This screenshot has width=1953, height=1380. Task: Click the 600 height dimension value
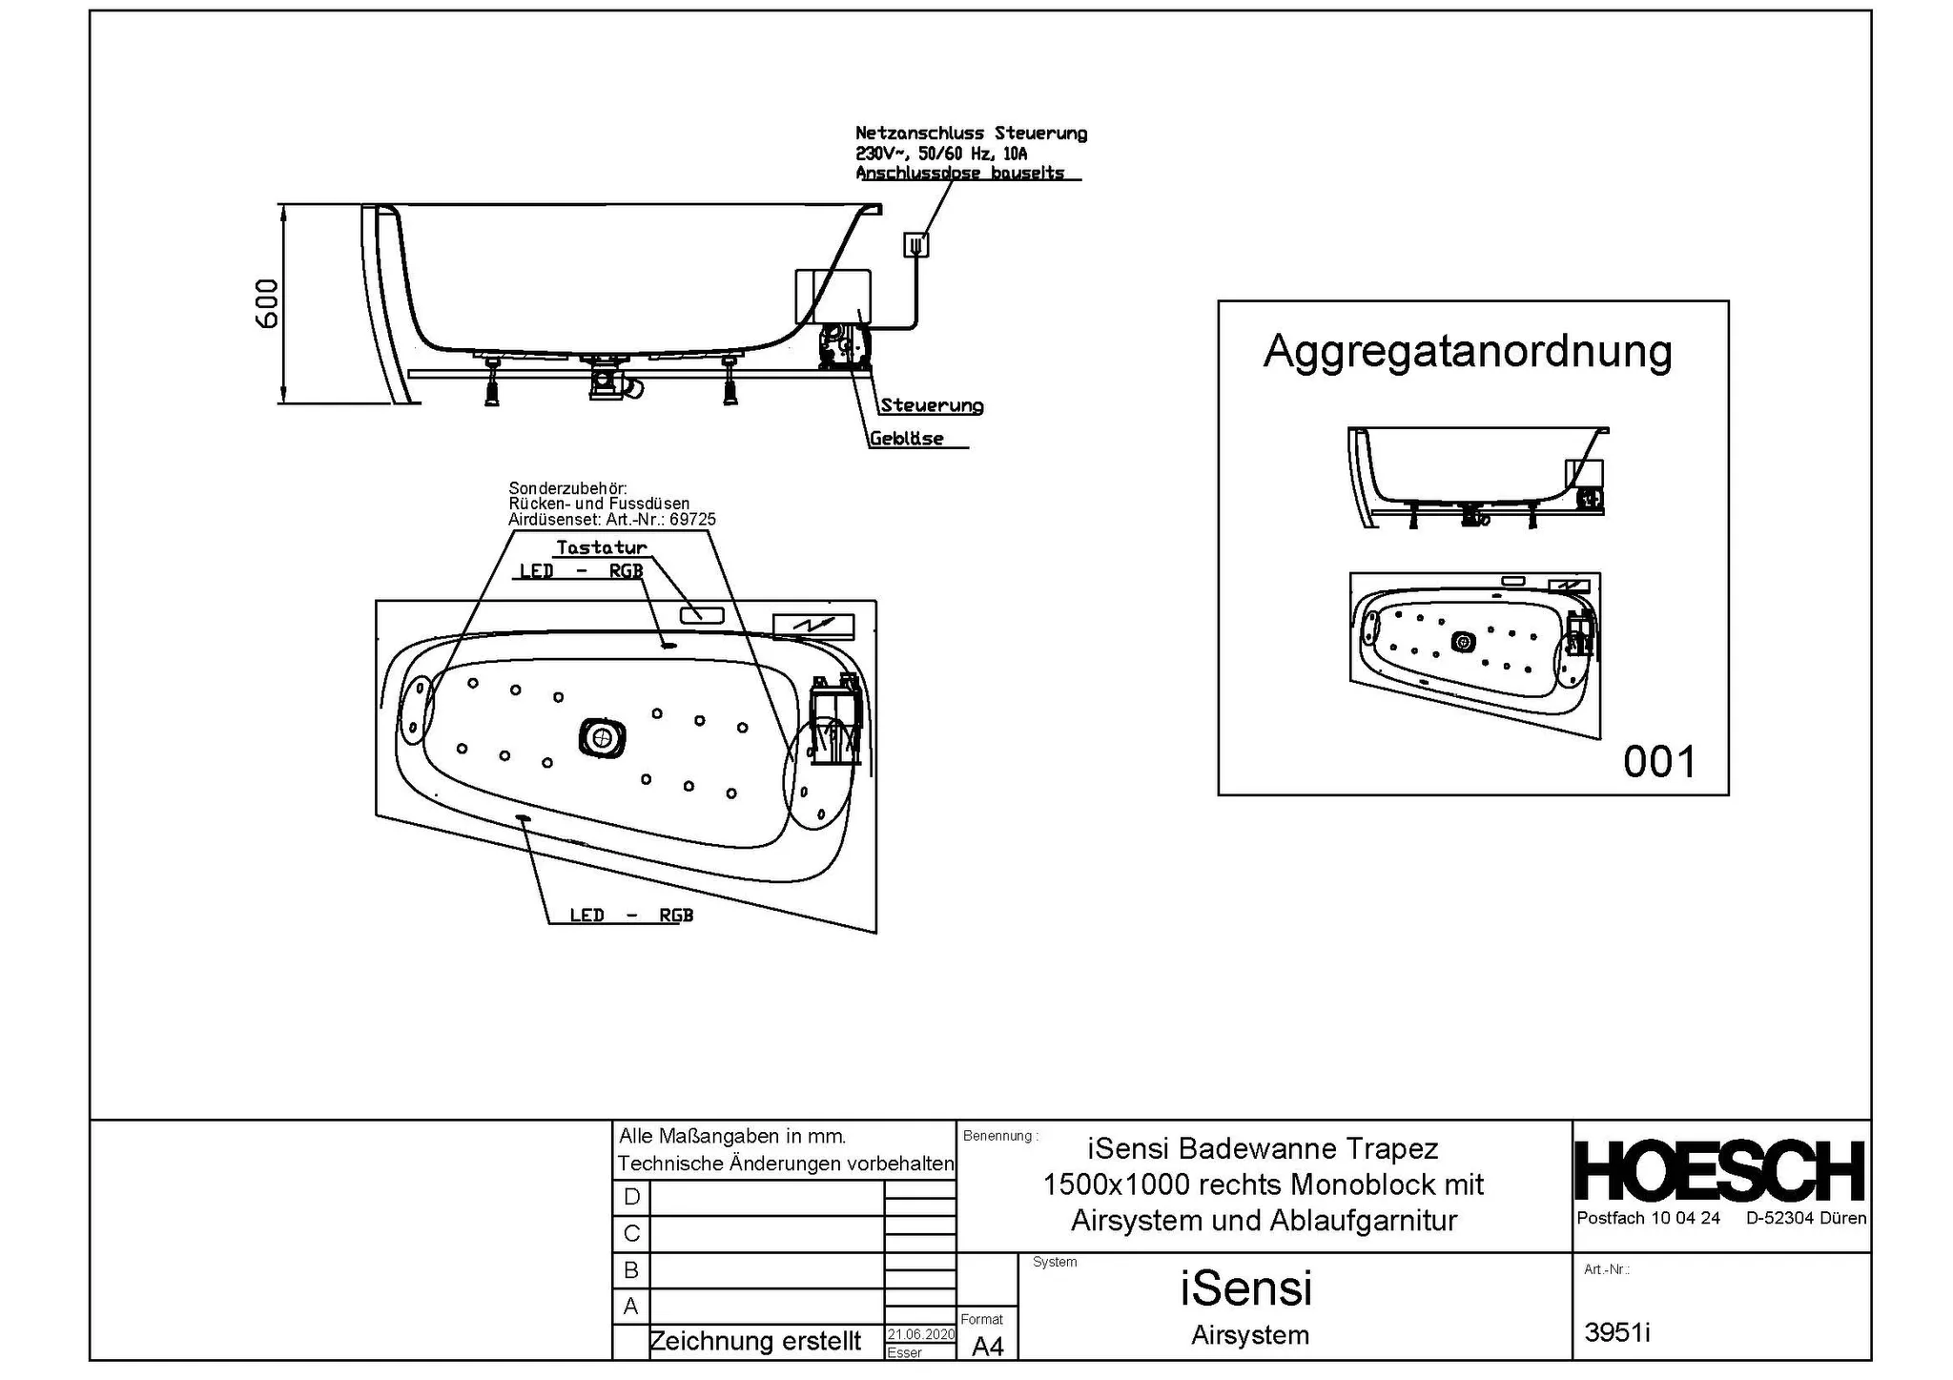[x=267, y=304]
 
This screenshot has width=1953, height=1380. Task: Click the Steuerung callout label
[x=932, y=405]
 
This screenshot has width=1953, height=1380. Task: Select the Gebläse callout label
[x=906, y=439]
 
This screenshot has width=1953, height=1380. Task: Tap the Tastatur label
[x=602, y=547]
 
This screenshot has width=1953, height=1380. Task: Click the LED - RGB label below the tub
[x=631, y=916]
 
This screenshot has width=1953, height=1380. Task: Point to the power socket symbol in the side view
[x=915, y=245]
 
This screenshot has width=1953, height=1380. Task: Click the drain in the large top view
[x=602, y=737]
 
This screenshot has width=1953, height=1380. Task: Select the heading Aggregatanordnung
[x=1468, y=352]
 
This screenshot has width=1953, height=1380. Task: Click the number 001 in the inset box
[x=1660, y=762]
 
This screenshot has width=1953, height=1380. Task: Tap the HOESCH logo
[x=1720, y=1170]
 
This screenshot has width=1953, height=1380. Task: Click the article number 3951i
[x=1617, y=1332]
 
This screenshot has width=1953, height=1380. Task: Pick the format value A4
[x=988, y=1346]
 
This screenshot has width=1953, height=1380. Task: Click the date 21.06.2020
[x=920, y=1334]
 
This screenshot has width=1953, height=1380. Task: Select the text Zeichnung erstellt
[x=755, y=1341]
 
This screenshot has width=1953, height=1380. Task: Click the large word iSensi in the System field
[x=1246, y=1288]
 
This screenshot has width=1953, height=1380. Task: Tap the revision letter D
[x=631, y=1197]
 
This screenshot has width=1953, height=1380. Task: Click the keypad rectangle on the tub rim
[x=702, y=615]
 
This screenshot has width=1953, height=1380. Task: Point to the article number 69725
[x=693, y=520]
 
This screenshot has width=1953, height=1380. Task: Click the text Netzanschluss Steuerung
[x=971, y=134]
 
